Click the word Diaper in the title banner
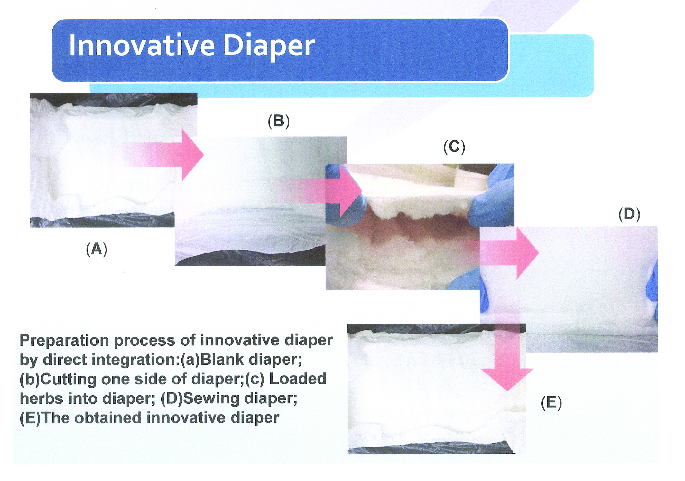point(269,46)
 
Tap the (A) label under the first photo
point(96,249)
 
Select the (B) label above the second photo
point(279,122)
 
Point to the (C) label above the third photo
point(454,147)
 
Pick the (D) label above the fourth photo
point(629,215)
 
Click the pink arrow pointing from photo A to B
point(167,155)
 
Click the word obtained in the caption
point(107,418)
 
